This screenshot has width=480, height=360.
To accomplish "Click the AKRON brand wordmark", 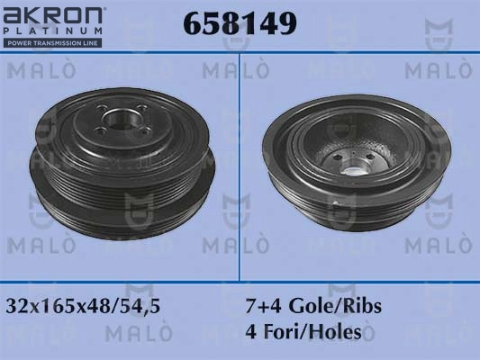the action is [52, 16].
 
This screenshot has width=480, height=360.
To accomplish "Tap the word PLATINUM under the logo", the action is [52, 31].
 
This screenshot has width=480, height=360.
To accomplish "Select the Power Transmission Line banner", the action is [52, 43].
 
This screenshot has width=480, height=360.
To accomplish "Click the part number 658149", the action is [240, 22].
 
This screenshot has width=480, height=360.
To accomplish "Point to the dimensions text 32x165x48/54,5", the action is [83, 306].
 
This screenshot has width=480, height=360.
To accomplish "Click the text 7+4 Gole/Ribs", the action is [313, 306].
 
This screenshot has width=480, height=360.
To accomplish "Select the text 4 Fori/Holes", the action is [303, 332].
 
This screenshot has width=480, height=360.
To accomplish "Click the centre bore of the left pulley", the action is [119, 119].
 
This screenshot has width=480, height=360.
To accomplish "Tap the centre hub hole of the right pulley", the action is [351, 170].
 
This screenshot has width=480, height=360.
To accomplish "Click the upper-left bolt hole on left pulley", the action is [101, 108].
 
